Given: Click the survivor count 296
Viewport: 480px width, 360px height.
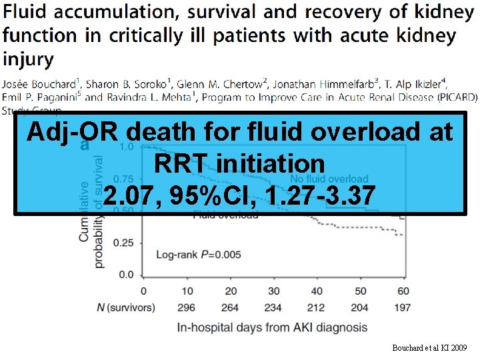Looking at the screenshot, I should (x=187, y=307).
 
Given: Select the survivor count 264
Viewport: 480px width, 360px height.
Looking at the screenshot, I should (x=230, y=307).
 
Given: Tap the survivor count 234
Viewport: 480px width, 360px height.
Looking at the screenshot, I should (x=273, y=307).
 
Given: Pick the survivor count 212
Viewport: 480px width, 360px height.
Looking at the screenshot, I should (x=317, y=307).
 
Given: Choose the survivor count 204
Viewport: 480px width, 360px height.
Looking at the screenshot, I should (x=360, y=307).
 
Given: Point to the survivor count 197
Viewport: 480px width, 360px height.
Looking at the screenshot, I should (x=402, y=307).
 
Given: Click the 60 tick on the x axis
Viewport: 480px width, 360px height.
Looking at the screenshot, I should (x=402, y=291).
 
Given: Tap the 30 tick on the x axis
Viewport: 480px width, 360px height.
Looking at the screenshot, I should (x=273, y=291).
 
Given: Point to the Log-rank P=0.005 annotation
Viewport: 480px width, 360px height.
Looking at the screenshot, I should (x=198, y=254).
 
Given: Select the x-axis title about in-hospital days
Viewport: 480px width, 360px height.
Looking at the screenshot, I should (x=272, y=327).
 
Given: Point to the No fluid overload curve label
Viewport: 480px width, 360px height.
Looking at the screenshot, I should (x=329, y=179).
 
